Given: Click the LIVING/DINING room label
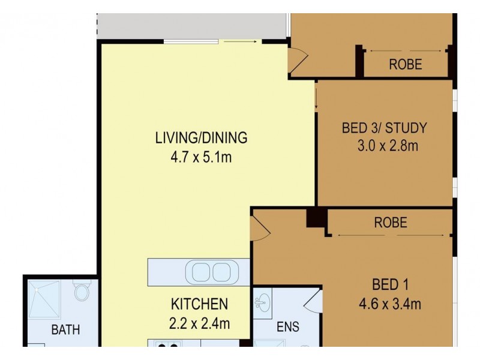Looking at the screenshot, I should [201, 137].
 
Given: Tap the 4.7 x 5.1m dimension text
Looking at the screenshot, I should [201, 158].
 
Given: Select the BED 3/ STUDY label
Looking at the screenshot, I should [384, 127].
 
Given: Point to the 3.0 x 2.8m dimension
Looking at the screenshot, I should [384, 146].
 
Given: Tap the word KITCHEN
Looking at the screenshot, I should [199, 304].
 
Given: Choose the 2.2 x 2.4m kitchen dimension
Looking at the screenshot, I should [199, 323].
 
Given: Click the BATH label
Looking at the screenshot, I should [65, 329].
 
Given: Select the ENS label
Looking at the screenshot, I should [287, 328].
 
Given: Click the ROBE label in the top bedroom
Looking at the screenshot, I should [406, 64].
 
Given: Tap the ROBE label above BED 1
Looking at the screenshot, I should [391, 223].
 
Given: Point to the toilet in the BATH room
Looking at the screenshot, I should [81, 293].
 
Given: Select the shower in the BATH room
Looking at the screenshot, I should [45, 300].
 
